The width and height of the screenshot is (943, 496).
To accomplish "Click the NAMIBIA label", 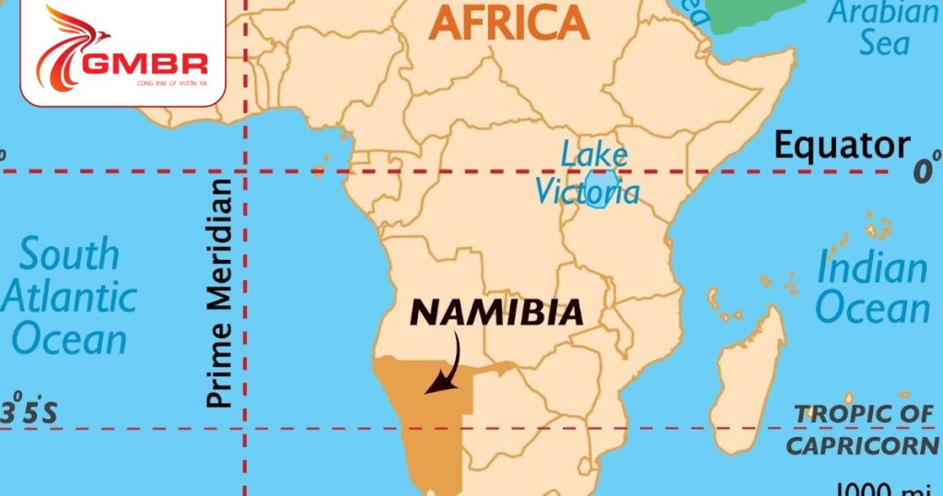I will pos(496,313).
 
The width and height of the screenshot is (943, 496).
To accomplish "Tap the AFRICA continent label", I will pos(509,23).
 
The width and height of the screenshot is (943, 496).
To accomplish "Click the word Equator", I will pos(841,146).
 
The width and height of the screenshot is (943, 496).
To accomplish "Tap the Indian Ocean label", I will pos(872,287).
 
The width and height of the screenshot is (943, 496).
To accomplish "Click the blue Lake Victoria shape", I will pos(604,189).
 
